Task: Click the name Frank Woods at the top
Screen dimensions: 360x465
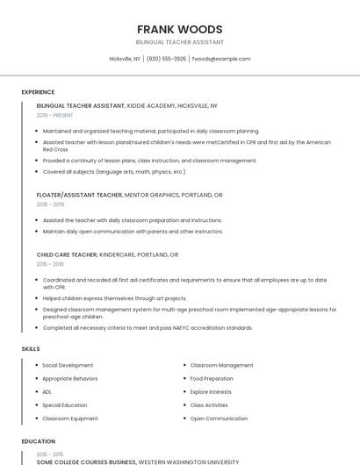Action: pyautogui.click(x=180, y=29)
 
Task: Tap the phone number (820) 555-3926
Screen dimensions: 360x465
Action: pyautogui.click(x=167, y=59)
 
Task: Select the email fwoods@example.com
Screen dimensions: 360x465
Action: pyautogui.click(x=221, y=59)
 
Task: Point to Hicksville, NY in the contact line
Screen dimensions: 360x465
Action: pyautogui.click(x=125, y=59)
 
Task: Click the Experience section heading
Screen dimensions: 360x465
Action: pyautogui.click(x=38, y=92)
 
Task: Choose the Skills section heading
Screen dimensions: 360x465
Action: pyautogui.click(x=31, y=349)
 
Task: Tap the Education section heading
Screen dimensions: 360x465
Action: pyautogui.click(x=38, y=441)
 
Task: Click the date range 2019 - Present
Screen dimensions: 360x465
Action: pyautogui.click(x=54, y=115)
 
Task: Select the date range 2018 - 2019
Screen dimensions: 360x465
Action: pyautogui.click(x=51, y=204)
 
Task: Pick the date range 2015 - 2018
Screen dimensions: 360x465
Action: pyautogui.click(x=50, y=264)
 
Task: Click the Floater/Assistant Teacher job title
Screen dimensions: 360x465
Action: pyautogui.click(x=79, y=195)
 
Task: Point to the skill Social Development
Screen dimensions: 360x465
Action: pyautogui.click(x=68, y=365)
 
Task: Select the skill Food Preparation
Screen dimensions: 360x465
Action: pyautogui.click(x=212, y=378)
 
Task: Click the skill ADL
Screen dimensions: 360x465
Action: pyautogui.click(x=47, y=391)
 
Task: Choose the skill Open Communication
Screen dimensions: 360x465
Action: pyautogui.click(x=219, y=418)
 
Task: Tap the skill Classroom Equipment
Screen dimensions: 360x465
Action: pyautogui.click(x=70, y=418)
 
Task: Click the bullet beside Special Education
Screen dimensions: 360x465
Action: pyautogui.click(x=36, y=405)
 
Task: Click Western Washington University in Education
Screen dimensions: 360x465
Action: pyautogui.click(x=188, y=461)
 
